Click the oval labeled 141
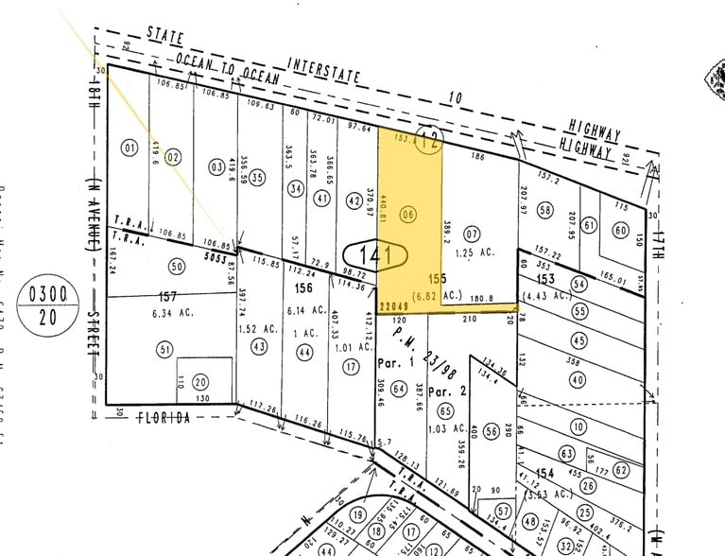click(x=375, y=254)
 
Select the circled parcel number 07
click(x=473, y=233)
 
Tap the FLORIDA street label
click(x=164, y=416)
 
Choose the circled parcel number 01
click(x=129, y=148)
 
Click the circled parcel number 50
click(x=176, y=267)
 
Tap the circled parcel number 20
click(x=199, y=382)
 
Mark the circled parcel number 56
click(x=491, y=431)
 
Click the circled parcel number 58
click(x=544, y=209)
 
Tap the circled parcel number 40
click(x=578, y=380)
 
